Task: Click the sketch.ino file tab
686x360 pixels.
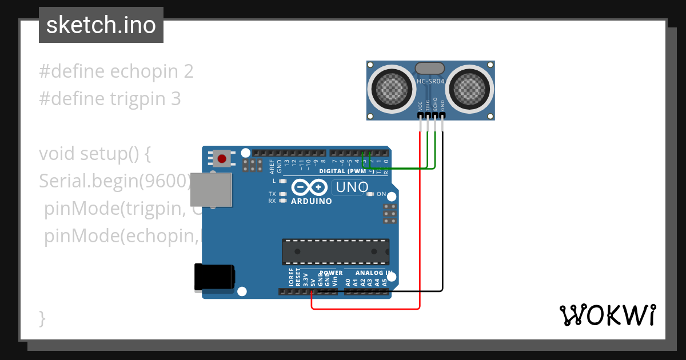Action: [101, 25]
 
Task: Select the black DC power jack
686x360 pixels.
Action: [214, 277]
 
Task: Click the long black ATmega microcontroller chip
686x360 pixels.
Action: [335, 251]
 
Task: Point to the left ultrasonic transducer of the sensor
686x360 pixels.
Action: [392, 89]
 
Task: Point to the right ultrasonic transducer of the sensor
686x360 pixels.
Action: [469, 89]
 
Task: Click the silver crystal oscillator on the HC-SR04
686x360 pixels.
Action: [430, 68]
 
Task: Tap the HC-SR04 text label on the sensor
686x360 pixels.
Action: [430, 82]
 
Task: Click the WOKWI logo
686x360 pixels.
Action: [607, 315]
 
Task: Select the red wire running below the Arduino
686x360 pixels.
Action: [366, 309]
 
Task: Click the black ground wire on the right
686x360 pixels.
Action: [442, 229]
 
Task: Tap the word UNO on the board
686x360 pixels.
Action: [352, 187]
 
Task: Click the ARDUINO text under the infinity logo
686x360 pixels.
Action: [311, 201]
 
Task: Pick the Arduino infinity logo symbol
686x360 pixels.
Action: [309, 187]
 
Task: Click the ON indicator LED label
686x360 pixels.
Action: [381, 194]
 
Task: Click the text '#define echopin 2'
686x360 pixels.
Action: [116, 71]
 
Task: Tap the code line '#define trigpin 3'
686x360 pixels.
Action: [110, 99]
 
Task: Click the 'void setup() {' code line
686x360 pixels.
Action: [94, 154]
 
